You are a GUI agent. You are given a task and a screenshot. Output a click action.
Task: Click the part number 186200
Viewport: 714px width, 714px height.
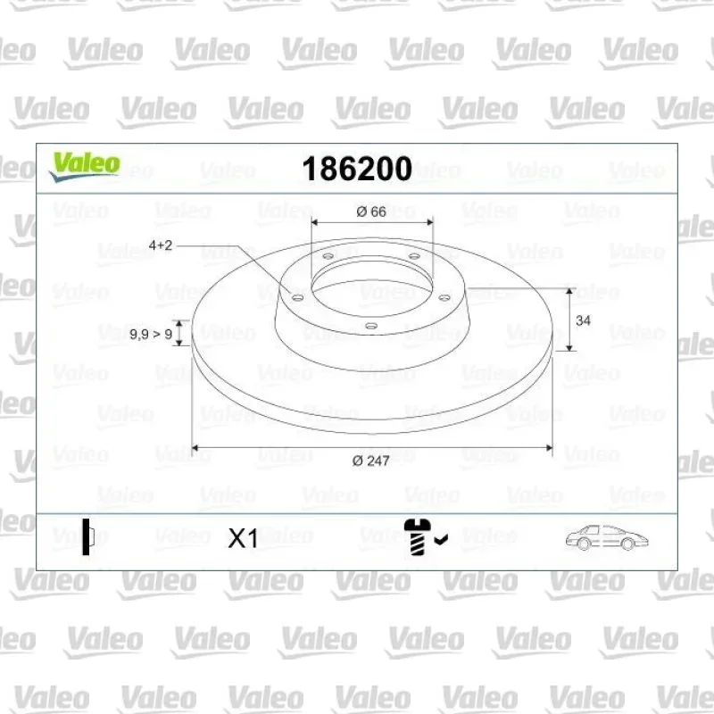[x=357, y=169]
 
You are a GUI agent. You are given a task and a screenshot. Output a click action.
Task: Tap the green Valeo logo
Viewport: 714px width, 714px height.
[x=85, y=167]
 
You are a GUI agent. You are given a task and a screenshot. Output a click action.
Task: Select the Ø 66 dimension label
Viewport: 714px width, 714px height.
[x=371, y=212]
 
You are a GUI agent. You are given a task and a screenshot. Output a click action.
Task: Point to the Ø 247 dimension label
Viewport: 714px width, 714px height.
[x=371, y=461]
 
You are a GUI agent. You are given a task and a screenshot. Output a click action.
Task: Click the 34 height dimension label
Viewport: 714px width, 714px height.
[x=583, y=320]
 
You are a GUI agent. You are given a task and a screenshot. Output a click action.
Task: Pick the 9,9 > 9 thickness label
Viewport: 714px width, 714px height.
[x=151, y=335]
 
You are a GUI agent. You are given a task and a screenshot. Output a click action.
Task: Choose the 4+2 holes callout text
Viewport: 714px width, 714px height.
[x=161, y=245]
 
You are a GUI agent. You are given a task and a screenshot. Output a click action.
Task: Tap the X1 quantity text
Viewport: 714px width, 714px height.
[x=243, y=538]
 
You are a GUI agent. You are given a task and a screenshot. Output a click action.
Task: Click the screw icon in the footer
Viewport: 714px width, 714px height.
[x=417, y=537]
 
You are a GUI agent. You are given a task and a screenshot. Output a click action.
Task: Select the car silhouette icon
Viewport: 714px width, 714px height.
[x=607, y=538]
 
